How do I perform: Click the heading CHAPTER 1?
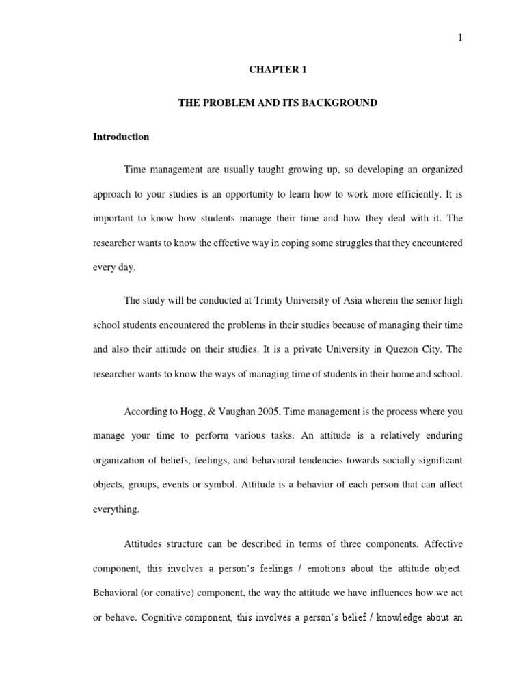(x=278, y=70)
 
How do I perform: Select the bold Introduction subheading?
(x=121, y=137)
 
